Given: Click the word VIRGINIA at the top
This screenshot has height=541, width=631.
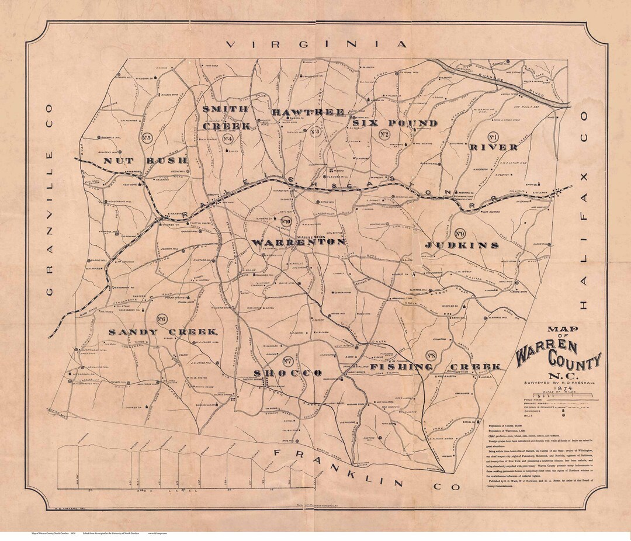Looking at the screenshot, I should tap(316, 44).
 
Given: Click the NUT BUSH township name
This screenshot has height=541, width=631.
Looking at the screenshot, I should tap(146, 160).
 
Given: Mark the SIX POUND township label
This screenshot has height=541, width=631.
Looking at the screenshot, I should tap(394, 123).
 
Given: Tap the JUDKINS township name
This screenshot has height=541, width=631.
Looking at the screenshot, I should tap(462, 245).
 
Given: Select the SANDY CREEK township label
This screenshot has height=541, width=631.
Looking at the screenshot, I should tap(163, 332).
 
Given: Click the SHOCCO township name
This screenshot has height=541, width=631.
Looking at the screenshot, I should tap(287, 373).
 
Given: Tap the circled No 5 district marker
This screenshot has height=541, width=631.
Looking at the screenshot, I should tap(146, 138).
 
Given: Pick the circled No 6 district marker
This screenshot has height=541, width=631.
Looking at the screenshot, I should tap(162, 319).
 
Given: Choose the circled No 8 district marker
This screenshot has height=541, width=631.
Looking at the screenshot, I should tap(431, 355).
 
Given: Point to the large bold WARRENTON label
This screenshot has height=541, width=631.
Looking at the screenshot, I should tap(298, 241).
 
